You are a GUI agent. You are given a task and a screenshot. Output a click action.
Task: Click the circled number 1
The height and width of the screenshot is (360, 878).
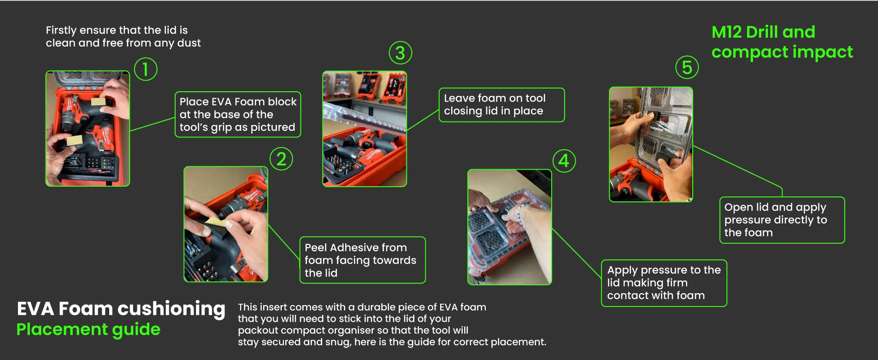click(x=146, y=69)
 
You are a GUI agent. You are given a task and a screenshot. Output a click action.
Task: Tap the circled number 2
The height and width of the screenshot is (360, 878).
click(x=281, y=159)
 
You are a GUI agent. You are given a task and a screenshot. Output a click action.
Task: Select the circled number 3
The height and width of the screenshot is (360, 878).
click(x=400, y=53)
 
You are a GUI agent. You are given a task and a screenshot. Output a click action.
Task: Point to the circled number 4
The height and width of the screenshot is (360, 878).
click(x=564, y=161)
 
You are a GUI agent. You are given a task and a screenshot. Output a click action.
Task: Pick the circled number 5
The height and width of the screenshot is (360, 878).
click(x=687, y=67)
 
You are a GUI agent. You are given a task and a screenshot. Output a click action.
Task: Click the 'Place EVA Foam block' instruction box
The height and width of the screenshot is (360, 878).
click(x=238, y=114)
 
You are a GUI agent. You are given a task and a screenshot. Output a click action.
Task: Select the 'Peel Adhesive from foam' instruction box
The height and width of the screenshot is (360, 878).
click(x=362, y=260)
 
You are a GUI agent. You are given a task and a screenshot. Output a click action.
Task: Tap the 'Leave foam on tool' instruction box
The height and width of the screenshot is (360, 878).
click(x=501, y=105)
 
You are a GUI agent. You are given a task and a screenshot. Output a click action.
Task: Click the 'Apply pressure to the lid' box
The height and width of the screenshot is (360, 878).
click(x=664, y=283)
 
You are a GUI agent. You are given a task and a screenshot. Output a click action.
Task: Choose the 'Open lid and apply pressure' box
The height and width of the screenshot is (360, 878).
click(x=782, y=220)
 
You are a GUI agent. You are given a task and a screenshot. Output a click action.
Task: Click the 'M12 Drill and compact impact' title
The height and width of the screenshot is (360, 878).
click(x=782, y=42)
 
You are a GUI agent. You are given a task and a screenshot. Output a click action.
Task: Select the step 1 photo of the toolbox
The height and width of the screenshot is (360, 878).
click(x=88, y=129)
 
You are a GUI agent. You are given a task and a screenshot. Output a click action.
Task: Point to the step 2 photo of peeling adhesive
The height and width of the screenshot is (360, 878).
click(x=226, y=224)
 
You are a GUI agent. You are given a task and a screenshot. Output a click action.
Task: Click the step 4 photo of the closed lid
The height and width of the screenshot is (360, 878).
click(x=510, y=227)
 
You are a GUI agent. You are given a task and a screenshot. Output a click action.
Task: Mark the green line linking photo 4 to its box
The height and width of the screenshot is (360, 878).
click(x=577, y=253)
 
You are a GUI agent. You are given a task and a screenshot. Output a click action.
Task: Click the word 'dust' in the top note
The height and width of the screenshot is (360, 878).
click(x=189, y=43)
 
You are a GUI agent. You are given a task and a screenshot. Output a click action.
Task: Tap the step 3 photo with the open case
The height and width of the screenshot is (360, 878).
click(x=365, y=129)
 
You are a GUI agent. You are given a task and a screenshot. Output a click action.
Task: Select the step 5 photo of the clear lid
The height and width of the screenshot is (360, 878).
click(x=651, y=144)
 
